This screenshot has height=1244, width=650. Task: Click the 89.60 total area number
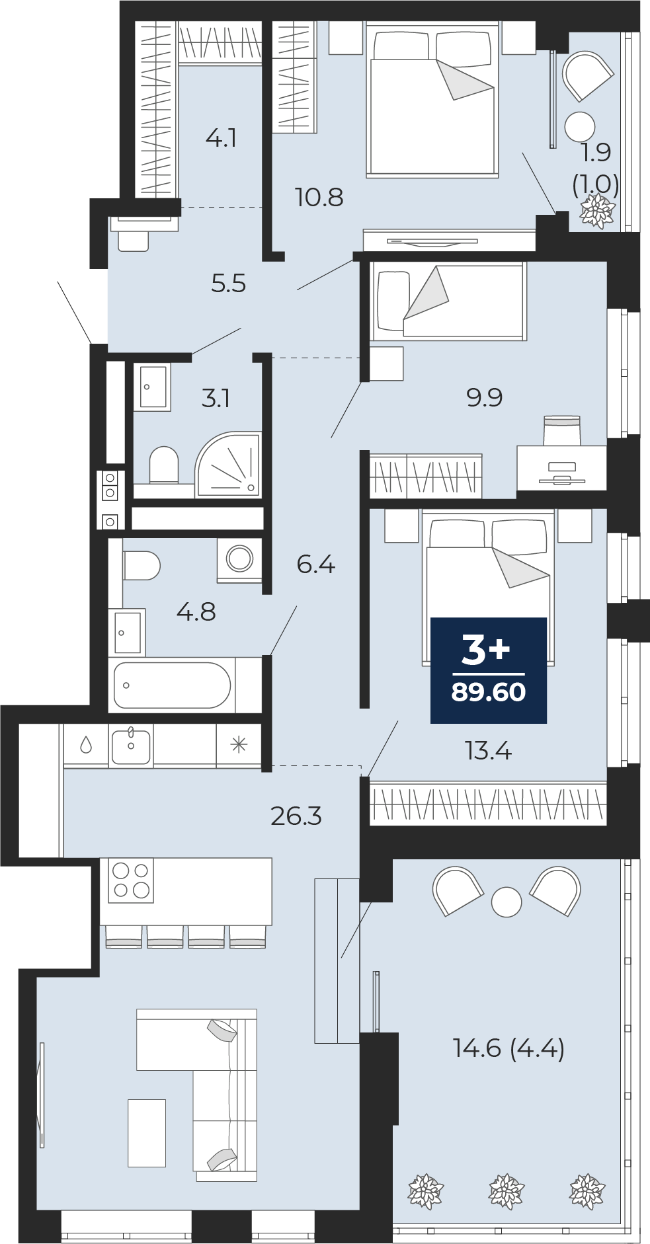[x=489, y=692]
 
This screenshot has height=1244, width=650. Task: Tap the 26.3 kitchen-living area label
[x=296, y=816]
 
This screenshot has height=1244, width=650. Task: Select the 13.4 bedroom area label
[x=489, y=751]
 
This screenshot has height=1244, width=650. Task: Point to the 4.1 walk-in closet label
[x=221, y=138]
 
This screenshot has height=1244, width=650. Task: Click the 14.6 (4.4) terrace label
[x=508, y=1048]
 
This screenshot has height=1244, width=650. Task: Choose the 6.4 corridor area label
[x=316, y=564]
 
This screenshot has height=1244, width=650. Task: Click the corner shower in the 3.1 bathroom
[x=228, y=464]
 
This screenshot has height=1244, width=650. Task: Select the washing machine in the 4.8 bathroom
[x=239, y=559]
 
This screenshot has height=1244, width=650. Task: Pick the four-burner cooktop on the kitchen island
[x=131, y=880]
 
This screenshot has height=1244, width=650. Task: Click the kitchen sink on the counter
[x=131, y=746]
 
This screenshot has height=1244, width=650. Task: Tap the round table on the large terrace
[x=507, y=902]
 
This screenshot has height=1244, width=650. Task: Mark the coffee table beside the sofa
[x=147, y=1133]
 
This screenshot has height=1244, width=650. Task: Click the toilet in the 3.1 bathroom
[x=164, y=465]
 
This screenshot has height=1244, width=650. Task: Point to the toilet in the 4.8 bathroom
[x=142, y=566]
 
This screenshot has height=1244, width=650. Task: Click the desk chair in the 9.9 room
[x=562, y=430]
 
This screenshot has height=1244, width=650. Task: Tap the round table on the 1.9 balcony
[x=581, y=126]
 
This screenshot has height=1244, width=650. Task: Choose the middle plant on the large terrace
[x=507, y=1192]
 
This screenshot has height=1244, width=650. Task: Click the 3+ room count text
[x=486, y=649]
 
